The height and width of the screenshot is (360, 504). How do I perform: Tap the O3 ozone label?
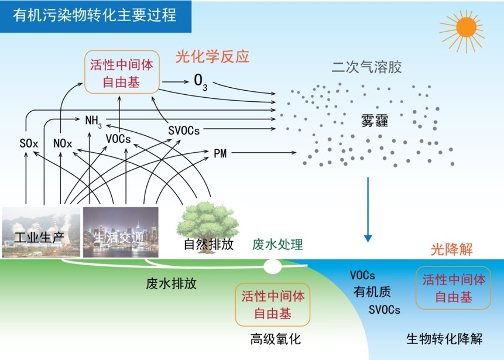tap(201, 82)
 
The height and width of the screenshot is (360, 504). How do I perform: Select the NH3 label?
tap(94, 122)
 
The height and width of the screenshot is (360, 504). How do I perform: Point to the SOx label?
tap(29, 143)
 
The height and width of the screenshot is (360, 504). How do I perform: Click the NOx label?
tap(63, 143)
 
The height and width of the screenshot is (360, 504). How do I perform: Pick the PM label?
tap(220, 153)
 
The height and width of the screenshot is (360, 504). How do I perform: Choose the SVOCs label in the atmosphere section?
tap(184, 131)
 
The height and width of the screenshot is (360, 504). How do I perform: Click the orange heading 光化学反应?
tap(212, 57)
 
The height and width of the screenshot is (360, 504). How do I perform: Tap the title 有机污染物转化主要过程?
tap(95, 15)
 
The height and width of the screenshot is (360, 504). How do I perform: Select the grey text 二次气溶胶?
tap(367, 67)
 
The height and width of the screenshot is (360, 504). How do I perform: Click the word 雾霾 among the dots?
tap(375, 121)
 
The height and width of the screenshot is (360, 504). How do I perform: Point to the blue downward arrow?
tap(368, 209)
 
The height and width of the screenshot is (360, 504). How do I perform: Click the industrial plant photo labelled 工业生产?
tap(41, 232)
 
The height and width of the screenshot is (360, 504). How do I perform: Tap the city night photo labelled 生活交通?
tap(121, 232)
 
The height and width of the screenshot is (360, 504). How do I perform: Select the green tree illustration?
tap(208, 225)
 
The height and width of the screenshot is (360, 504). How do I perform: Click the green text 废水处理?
tap(277, 245)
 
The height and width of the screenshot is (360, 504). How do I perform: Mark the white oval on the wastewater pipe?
tap(273, 266)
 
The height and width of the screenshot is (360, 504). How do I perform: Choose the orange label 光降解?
tap(451, 249)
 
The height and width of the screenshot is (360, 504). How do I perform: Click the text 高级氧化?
tap(276, 339)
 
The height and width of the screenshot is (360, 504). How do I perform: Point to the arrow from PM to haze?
tap(263, 152)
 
